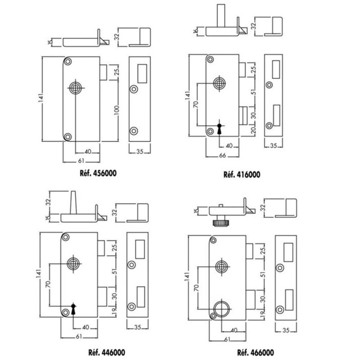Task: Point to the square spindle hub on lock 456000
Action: coord(75,87)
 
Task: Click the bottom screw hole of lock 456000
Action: coord(67,136)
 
